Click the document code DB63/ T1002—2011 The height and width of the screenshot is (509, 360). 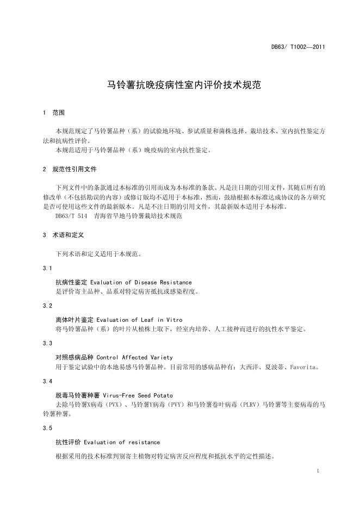298,47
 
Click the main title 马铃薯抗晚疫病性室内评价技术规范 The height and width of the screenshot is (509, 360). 179,86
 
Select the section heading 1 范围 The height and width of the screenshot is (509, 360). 54,113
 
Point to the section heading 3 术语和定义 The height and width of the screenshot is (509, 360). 62,235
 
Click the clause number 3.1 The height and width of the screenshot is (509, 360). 47,269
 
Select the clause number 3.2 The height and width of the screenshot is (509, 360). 47,306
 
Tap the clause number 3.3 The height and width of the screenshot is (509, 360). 47,344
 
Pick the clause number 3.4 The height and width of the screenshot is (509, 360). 47,381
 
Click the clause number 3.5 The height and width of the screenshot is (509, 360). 47,429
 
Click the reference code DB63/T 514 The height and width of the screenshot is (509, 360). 71,216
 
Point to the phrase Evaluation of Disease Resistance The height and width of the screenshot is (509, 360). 141,283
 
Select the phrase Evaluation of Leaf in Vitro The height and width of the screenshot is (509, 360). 136,320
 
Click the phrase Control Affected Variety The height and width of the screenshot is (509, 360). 134,358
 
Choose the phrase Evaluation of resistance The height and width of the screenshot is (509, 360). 122,443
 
